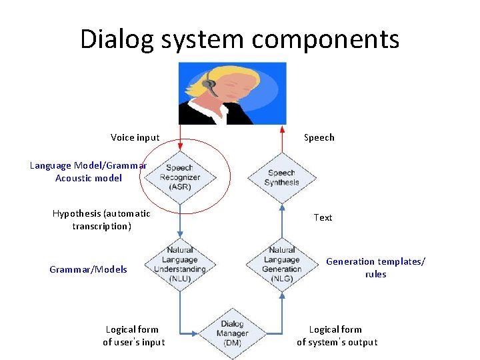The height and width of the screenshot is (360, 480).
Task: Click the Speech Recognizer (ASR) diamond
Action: [180, 177]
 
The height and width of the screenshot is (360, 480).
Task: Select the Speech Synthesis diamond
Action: [282, 178]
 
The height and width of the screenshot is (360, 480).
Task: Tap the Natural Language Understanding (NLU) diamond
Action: [180, 265]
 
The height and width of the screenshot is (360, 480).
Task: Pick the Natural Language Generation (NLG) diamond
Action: [282, 265]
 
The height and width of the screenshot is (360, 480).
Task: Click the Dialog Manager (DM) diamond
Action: [233, 333]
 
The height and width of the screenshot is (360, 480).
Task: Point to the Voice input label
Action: [135, 137]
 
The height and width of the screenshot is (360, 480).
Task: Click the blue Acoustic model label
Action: [89, 178]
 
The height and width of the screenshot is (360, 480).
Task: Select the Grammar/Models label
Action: [88, 269]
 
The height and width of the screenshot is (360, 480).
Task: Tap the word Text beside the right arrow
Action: [323, 217]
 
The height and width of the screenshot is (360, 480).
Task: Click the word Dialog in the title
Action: [117, 40]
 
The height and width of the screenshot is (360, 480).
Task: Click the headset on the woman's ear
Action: [210, 83]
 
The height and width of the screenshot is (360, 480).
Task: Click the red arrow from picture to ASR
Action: [180, 138]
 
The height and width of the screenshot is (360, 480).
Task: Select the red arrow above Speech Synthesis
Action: [282, 139]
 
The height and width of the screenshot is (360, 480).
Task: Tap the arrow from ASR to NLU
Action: [180, 221]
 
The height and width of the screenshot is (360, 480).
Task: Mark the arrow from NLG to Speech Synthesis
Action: [282, 221]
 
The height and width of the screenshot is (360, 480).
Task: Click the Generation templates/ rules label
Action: [375, 267]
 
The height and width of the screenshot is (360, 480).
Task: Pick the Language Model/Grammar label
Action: [88, 165]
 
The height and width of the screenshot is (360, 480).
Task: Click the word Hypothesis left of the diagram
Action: [77, 213]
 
